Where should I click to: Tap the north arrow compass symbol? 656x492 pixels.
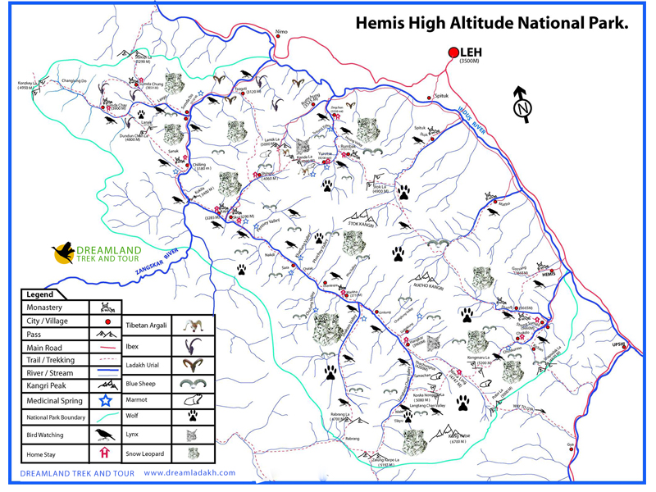[521, 103]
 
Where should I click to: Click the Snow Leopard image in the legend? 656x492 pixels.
[194, 452]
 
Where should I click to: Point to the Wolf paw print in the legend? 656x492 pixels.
[194, 417]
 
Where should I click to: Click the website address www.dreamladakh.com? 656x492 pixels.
[189, 473]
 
